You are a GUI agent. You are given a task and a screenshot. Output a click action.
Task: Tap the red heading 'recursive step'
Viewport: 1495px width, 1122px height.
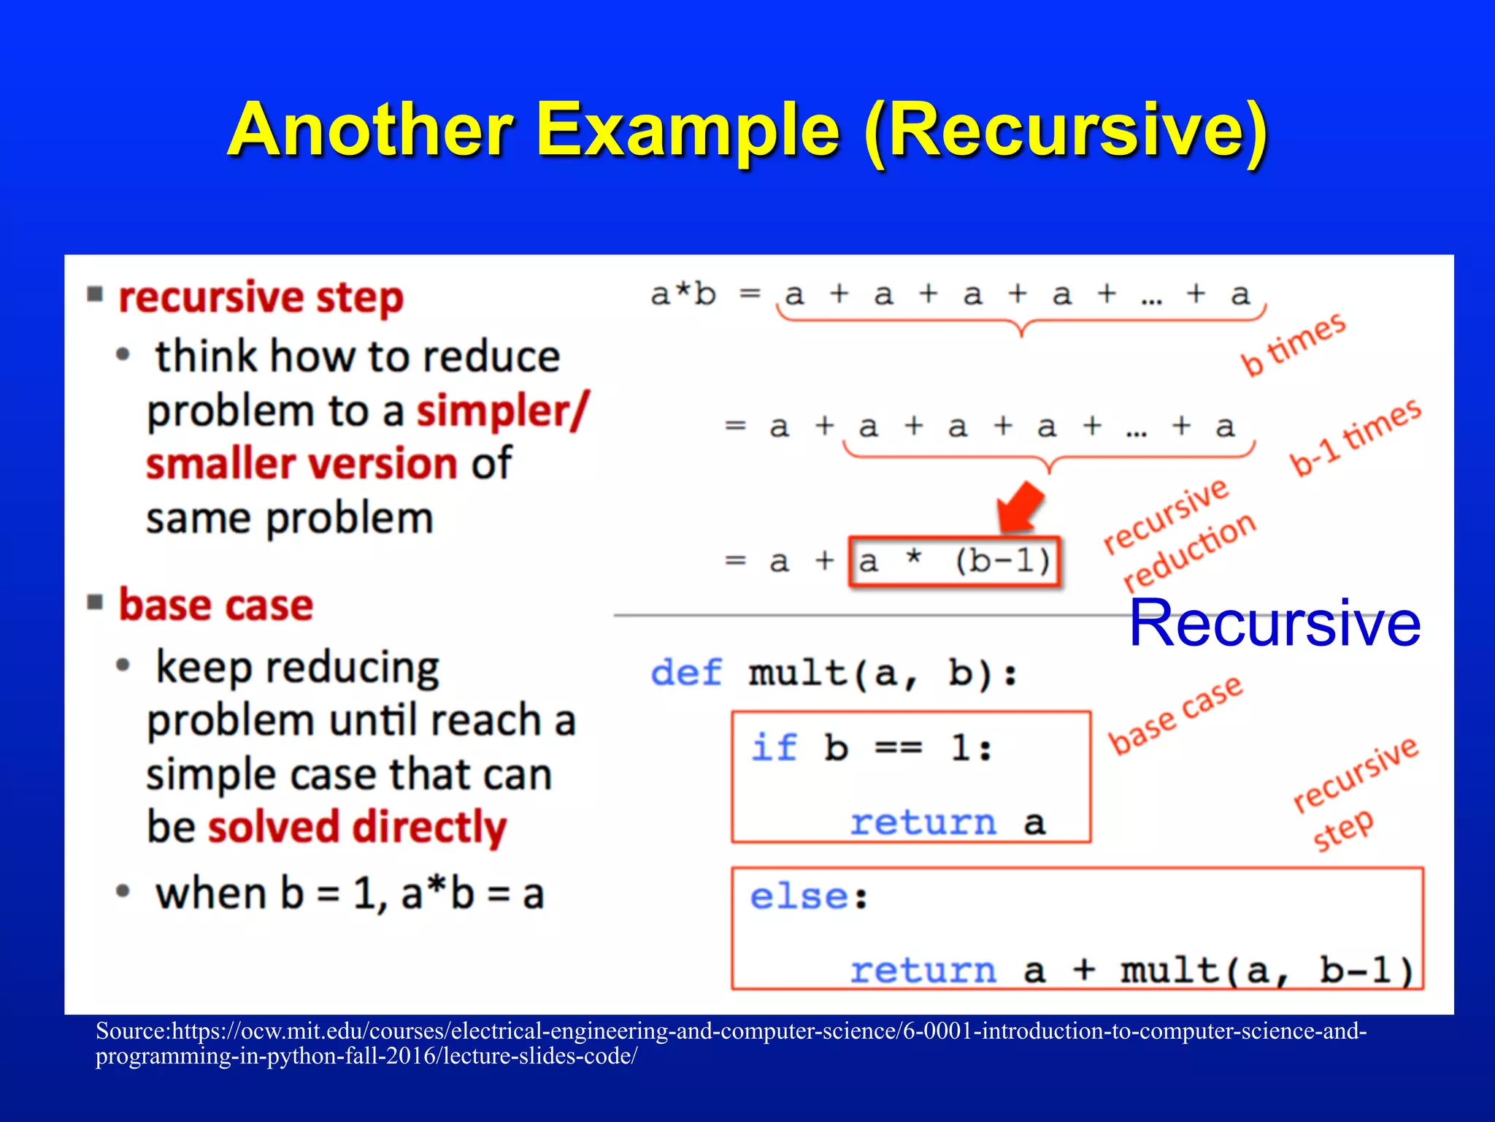261,298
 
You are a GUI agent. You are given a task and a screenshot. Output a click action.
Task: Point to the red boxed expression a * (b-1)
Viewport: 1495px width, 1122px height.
954,562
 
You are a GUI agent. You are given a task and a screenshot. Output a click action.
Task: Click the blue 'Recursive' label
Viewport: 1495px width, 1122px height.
1275,623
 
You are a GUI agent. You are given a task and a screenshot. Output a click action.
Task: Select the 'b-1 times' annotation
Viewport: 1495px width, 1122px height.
1356,436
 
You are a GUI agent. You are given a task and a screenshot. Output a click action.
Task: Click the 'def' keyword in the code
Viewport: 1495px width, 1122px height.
686,673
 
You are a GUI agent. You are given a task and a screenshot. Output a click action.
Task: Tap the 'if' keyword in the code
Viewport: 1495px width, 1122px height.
774,748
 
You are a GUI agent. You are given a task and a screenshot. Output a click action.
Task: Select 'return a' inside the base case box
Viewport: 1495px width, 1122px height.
948,823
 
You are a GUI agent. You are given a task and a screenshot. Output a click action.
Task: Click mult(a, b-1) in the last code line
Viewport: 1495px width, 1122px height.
1267,971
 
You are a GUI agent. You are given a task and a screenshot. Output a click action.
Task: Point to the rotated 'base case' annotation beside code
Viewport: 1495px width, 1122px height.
1175,714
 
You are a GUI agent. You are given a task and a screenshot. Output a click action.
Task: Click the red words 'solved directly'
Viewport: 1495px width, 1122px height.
357,828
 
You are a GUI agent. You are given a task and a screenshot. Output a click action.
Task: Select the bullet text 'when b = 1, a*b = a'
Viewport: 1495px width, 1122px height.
349,893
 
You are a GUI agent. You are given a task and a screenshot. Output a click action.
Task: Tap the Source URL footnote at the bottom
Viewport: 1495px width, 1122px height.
730,1043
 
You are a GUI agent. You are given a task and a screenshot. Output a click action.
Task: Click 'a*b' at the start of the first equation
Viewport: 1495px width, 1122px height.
683,294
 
